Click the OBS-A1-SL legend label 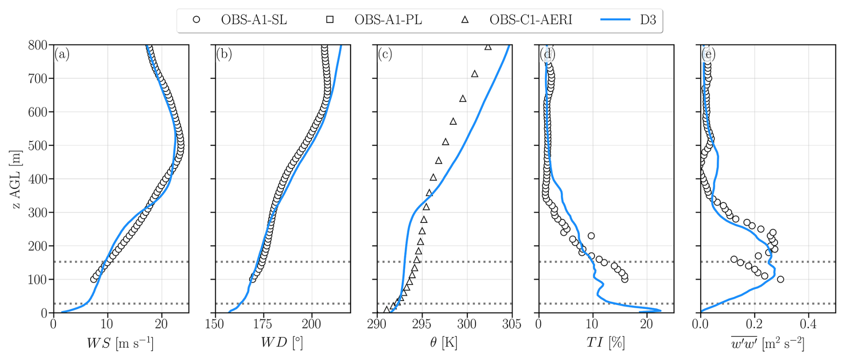254,20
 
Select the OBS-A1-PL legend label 388,20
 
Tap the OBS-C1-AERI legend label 530,20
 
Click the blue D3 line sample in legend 615,20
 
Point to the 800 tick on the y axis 38,45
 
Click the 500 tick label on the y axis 38,146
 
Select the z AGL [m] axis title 16,179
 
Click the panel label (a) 62,54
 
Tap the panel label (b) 224,54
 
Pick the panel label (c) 385,54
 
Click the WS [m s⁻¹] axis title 120,343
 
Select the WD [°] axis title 282,343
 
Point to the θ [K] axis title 443,343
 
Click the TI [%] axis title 605,343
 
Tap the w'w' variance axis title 767,343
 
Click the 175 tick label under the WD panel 263,324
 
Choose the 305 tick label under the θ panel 511,324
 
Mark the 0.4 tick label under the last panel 808,324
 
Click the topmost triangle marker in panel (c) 488,47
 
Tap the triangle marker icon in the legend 465,20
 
